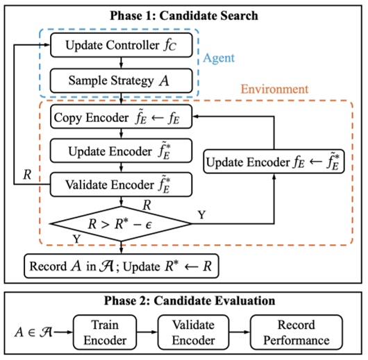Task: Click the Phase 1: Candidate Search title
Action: (183, 14)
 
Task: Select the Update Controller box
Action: (112, 46)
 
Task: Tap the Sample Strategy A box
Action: (112, 80)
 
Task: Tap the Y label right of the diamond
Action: (202, 215)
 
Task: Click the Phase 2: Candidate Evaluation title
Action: (183, 301)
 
